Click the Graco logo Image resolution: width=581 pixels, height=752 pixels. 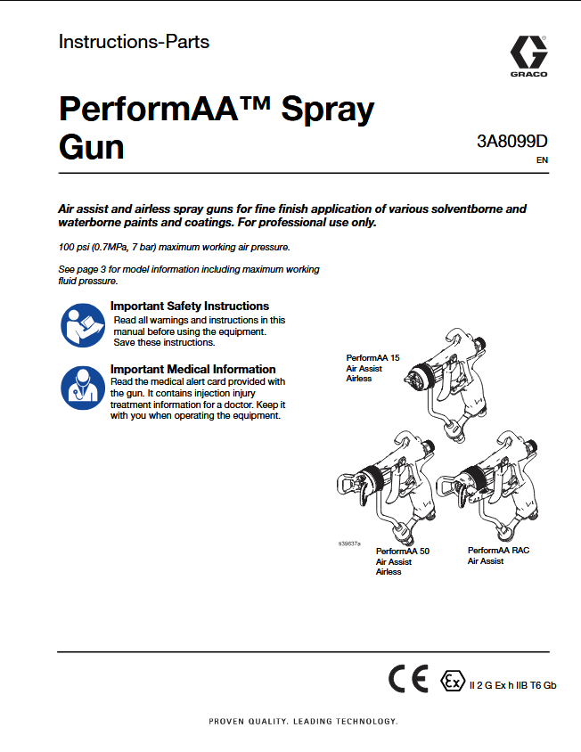pyautogui.click(x=528, y=56)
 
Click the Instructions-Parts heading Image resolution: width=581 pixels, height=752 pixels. pyautogui.click(x=134, y=41)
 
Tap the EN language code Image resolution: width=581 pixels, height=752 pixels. pyautogui.click(x=542, y=161)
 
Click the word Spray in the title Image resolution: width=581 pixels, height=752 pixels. pyautogui.click(x=327, y=110)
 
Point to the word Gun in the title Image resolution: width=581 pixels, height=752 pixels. pyautogui.click(x=91, y=146)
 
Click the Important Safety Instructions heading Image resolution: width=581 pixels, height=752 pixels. pyautogui.click(x=190, y=306)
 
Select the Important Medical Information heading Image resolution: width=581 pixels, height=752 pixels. pyautogui.click(x=192, y=369)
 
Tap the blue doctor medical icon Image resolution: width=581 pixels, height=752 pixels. pyautogui.click(x=82, y=388)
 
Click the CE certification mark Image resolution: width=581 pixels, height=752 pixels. pyautogui.click(x=408, y=681)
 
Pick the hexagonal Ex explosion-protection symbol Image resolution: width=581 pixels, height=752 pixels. pyautogui.click(x=453, y=682)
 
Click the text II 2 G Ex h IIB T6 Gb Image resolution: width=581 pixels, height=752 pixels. pyautogui.click(x=512, y=684)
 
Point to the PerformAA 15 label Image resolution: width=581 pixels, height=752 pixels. pyautogui.click(x=372, y=357)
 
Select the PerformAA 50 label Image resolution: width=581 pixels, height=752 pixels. pyautogui.click(x=402, y=552)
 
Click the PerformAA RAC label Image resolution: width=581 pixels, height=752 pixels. pyautogui.click(x=498, y=551)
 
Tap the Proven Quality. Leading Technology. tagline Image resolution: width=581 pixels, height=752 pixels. pyautogui.click(x=303, y=721)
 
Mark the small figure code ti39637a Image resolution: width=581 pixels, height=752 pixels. pyautogui.click(x=349, y=542)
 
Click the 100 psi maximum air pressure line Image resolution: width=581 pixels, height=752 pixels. pyautogui.click(x=174, y=246)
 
